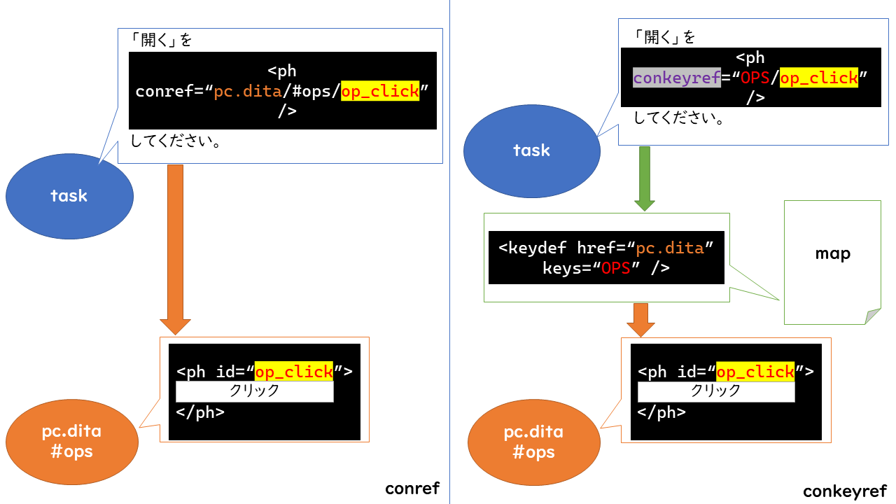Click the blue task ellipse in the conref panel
pyautogui.click(x=69, y=195)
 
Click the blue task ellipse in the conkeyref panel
pyautogui.click(x=532, y=150)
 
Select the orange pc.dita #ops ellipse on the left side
pyautogui.click(x=72, y=441)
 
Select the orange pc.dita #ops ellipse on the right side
pyautogui.click(x=533, y=442)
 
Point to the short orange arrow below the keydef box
pyautogui.click(x=640, y=319)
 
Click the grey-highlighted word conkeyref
pyautogui.click(x=677, y=78)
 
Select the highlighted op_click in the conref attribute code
pyautogui.click(x=380, y=91)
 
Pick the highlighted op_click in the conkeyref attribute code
pyautogui.click(x=819, y=78)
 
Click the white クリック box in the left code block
pyautogui.click(x=255, y=391)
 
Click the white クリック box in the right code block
pyautogui.click(x=716, y=391)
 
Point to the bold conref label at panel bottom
pyautogui.click(x=412, y=488)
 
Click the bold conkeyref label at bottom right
pyautogui.click(x=844, y=491)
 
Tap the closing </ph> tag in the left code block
pyautogui.click(x=200, y=412)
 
